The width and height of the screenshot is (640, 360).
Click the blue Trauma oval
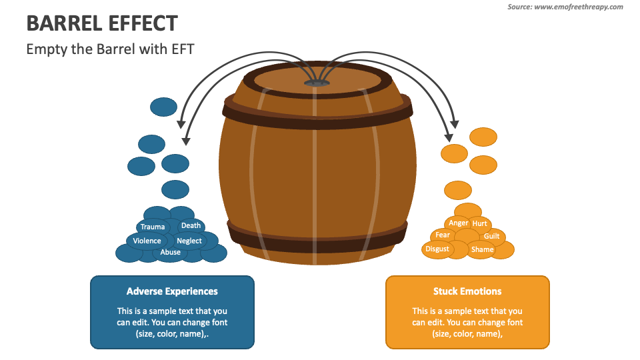[153, 227]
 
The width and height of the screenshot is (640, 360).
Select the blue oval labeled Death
[191, 225]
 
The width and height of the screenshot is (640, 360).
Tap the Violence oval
[147, 241]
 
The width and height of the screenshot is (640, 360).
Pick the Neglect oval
[189, 241]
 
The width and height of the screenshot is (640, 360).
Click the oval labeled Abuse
[171, 253]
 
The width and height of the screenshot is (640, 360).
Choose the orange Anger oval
[459, 223]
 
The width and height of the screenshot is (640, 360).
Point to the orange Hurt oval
[480, 224]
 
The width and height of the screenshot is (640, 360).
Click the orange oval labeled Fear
[443, 235]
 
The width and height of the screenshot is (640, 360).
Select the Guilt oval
[492, 237]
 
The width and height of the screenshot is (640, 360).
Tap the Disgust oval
[437, 249]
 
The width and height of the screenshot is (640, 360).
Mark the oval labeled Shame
[482, 250]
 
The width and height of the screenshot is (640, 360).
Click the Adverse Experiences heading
[172, 291]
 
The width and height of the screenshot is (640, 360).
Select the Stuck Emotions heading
[467, 291]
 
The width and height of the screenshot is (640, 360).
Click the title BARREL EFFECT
[102, 23]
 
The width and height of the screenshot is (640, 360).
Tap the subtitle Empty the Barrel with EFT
[110, 49]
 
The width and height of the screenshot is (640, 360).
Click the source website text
[565, 7]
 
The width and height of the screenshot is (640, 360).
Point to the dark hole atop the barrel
[317, 83]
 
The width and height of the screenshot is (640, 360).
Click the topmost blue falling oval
[163, 107]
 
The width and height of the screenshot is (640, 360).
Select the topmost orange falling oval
[483, 137]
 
